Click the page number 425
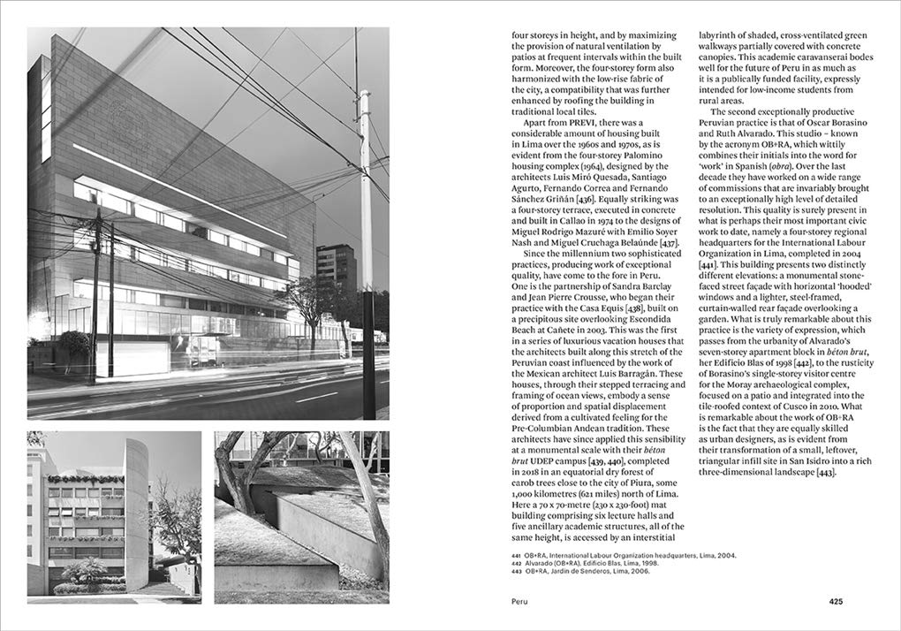836,602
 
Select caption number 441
517,555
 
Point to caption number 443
517,571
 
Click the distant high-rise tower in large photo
336,274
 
